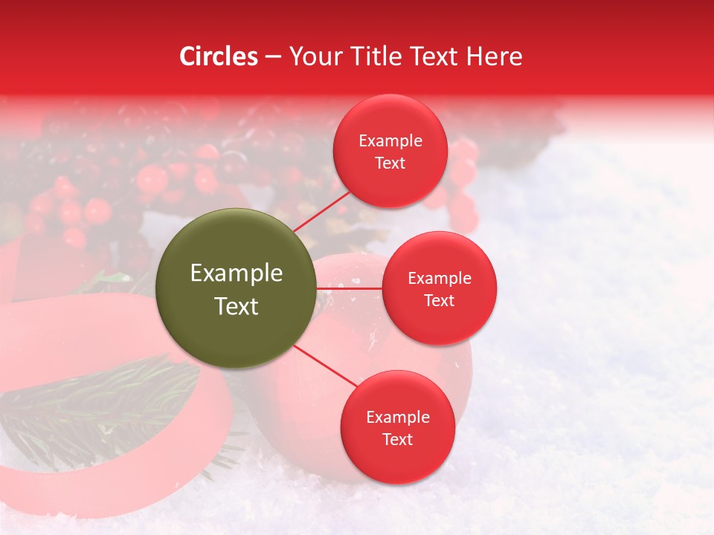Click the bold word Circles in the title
tap(218, 56)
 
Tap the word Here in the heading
tap(495, 56)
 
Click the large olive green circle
tap(237, 288)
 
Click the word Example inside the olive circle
tap(237, 273)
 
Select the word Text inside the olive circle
tap(237, 306)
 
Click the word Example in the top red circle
tap(390, 141)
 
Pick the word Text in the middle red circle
tap(439, 301)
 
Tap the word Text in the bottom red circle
tap(397, 440)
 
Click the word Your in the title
tap(313, 56)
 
